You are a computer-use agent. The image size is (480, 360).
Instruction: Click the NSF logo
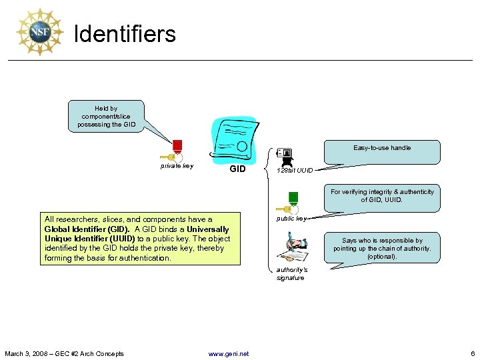[x=39, y=32]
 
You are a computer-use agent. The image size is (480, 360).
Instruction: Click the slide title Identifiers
[x=125, y=33]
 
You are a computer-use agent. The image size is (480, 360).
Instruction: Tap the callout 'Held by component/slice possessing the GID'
[x=106, y=117]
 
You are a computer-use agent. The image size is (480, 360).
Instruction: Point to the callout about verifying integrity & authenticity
[x=382, y=196]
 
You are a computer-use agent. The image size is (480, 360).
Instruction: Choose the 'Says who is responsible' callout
[x=382, y=249]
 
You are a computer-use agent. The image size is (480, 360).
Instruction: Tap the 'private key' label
[x=177, y=166]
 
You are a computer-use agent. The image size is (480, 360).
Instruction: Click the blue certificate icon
[x=233, y=139]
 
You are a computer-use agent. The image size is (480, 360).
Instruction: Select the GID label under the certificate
[x=237, y=169]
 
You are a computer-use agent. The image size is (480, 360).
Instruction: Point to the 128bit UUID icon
[x=285, y=157]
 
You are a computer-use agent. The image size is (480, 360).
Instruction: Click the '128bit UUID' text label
[x=295, y=171]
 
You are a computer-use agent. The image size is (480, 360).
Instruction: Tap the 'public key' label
[x=291, y=219]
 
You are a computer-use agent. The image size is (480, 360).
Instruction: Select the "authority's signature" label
[x=291, y=273]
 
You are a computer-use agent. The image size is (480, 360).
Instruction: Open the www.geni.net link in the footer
[x=229, y=353]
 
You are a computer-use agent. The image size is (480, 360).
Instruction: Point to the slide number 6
[x=472, y=353]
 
